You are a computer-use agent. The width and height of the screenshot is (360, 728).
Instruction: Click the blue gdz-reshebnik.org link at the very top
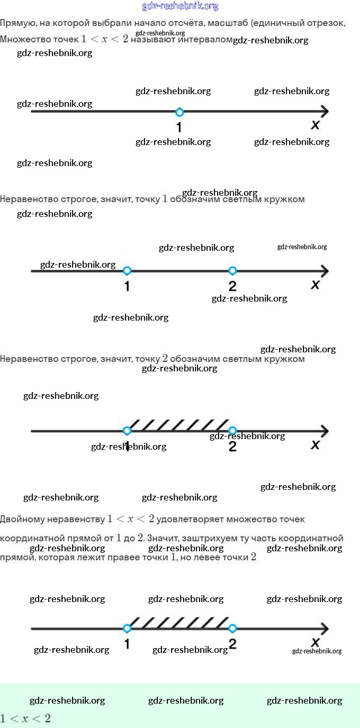pyautogui.click(x=180, y=6)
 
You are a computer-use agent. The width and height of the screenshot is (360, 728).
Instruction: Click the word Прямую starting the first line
pyautogui.click(x=15, y=24)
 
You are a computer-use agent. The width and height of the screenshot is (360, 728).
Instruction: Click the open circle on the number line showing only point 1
pyautogui.click(x=179, y=112)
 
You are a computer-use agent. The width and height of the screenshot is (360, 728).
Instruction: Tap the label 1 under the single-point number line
pyautogui.click(x=179, y=128)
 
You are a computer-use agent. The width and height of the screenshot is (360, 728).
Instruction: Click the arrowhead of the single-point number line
pyautogui.click(x=324, y=112)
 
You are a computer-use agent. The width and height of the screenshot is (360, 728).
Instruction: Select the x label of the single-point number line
pyautogui.click(x=316, y=125)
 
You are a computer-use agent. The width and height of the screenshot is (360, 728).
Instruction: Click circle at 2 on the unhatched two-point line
pyautogui.click(x=232, y=271)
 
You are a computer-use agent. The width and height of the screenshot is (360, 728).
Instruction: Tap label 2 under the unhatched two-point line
pyautogui.click(x=232, y=286)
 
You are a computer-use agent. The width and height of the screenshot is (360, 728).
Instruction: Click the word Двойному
pyautogui.click(x=25, y=520)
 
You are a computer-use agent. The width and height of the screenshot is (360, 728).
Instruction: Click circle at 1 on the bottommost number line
pyautogui.click(x=127, y=629)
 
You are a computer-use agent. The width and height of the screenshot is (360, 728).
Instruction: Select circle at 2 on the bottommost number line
pyautogui.click(x=232, y=629)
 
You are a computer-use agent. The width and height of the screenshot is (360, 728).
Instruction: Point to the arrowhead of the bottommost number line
pyautogui.click(x=324, y=629)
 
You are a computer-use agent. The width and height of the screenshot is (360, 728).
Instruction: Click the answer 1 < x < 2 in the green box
pyautogui.click(x=25, y=718)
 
